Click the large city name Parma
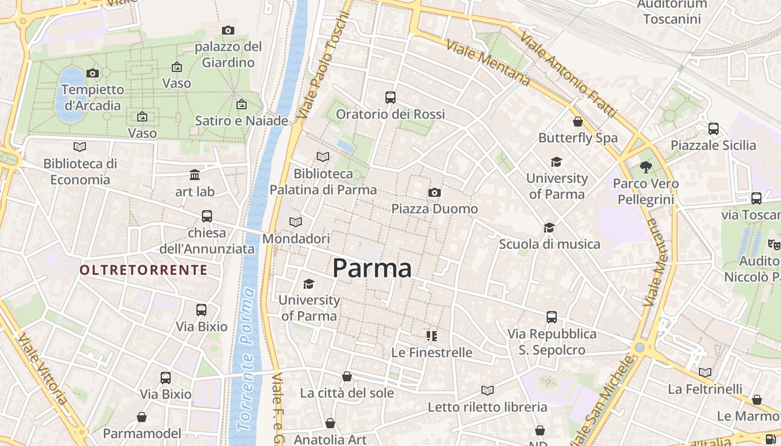pyautogui.click(x=372, y=268)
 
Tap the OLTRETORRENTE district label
pyautogui.click(x=143, y=270)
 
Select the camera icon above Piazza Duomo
pyautogui.click(x=434, y=193)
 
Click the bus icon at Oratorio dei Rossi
pyautogui.click(x=390, y=98)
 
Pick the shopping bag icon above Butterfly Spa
pyautogui.click(x=578, y=122)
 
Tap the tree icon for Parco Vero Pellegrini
pyautogui.click(x=646, y=167)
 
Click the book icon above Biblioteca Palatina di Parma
pyautogui.click(x=323, y=157)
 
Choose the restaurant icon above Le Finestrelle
pyautogui.click(x=431, y=336)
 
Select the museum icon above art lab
pyautogui.click(x=195, y=175)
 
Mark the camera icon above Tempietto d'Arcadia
pyautogui.click(x=93, y=73)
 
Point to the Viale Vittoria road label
pyautogui.click(x=43, y=369)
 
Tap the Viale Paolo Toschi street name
pyautogui.click(x=324, y=65)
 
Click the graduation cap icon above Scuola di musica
pyautogui.click(x=549, y=227)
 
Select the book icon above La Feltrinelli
pyautogui.click(x=705, y=372)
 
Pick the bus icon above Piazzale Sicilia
pyautogui.click(x=713, y=129)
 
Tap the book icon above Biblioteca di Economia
pyautogui.click(x=80, y=147)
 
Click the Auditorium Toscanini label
pyautogui.click(x=672, y=12)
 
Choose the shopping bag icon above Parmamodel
pyautogui.click(x=142, y=417)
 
